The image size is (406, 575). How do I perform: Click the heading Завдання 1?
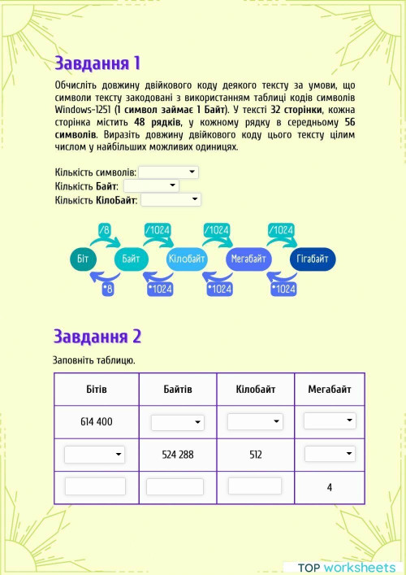[97, 63]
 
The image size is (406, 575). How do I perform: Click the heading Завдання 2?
[97, 336]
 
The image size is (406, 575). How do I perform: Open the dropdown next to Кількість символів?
[168, 172]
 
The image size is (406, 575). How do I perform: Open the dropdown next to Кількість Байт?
[150, 186]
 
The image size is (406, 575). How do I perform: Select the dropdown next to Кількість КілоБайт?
[171, 199]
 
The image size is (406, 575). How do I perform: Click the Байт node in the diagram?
[131, 259]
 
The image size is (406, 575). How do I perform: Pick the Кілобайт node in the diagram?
[189, 259]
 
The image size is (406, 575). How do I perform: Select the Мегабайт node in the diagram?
[248, 259]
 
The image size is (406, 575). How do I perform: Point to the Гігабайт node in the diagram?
[312, 259]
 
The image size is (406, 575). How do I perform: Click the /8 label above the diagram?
[104, 230]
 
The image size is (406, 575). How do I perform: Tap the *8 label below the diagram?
[108, 289]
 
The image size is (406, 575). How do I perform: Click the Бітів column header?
[97, 390]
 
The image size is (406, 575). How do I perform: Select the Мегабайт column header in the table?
[329, 390]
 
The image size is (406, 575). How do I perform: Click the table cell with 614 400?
[97, 422]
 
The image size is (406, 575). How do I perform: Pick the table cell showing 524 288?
[178, 455]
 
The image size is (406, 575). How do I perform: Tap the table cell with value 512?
[255, 455]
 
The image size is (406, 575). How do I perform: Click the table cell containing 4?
[329, 487]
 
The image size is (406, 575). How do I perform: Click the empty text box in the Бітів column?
[95, 486]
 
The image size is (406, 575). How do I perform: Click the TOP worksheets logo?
[347, 567]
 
